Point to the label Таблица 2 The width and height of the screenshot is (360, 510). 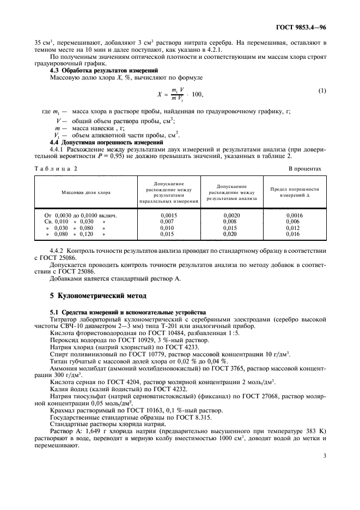pos(57,168)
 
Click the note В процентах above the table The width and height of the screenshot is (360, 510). pos(304,168)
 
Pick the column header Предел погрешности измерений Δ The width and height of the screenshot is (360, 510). pos(294,192)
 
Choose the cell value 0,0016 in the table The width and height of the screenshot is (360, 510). pos(294,215)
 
